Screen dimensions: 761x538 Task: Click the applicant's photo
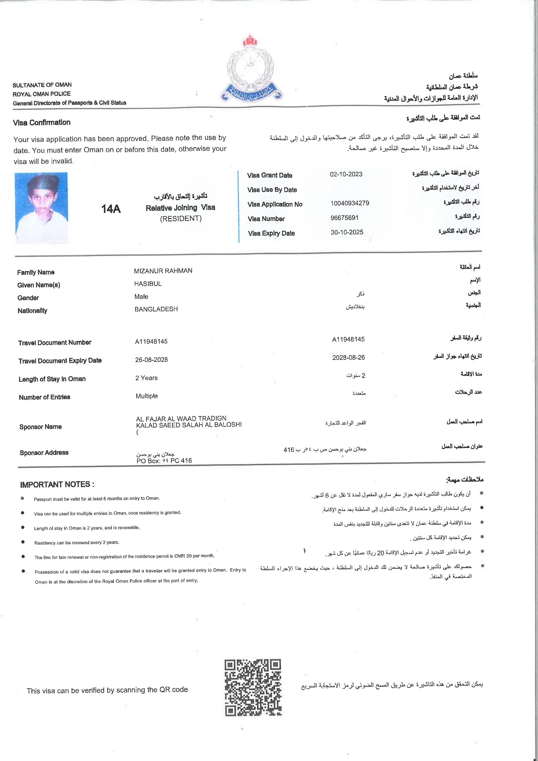click(42, 208)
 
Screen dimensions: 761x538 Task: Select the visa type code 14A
click(111, 209)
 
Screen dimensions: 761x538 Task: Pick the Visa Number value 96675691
click(344, 218)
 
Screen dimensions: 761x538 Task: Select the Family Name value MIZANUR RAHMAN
click(163, 271)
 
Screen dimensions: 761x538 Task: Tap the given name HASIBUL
click(148, 284)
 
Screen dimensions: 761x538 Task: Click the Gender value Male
click(141, 297)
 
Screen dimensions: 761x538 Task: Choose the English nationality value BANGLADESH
click(156, 309)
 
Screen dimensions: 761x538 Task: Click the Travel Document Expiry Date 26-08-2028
click(151, 360)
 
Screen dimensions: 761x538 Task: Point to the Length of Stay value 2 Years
click(146, 378)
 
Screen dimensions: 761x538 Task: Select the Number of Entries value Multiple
click(147, 396)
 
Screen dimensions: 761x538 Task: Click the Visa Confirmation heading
click(42, 123)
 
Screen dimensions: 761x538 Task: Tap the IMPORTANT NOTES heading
click(57, 484)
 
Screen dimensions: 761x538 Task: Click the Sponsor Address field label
click(44, 453)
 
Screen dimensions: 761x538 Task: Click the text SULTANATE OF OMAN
click(42, 85)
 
